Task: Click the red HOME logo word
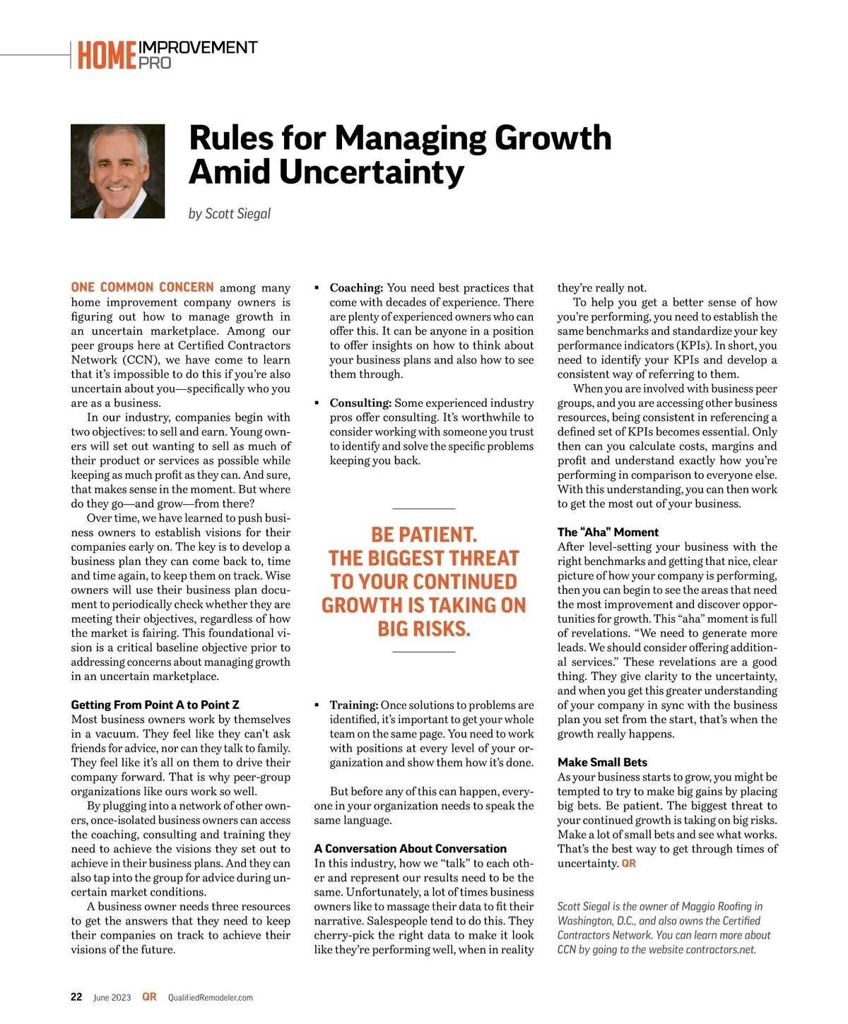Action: [x=107, y=56]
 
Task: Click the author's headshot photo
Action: [x=117, y=171]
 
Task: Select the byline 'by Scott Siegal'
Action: [x=230, y=213]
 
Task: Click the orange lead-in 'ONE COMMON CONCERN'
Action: [x=142, y=287]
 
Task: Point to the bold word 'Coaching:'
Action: [x=356, y=288]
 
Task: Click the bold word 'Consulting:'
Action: [x=360, y=403]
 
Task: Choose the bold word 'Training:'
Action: [x=353, y=705]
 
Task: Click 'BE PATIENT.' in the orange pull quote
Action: [x=424, y=535]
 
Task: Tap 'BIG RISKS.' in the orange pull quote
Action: [x=424, y=629]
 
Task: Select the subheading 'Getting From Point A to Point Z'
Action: [x=155, y=705]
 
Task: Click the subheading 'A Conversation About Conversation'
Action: [x=410, y=848]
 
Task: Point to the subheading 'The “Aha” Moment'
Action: [x=608, y=532]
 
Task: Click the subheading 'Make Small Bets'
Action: [x=602, y=762]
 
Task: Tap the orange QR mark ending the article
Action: [x=629, y=864]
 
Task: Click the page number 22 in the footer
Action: [x=76, y=997]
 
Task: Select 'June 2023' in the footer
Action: [x=112, y=998]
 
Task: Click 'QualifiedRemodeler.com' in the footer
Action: [x=210, y=998]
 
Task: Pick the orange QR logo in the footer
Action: [x=149, y=997]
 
